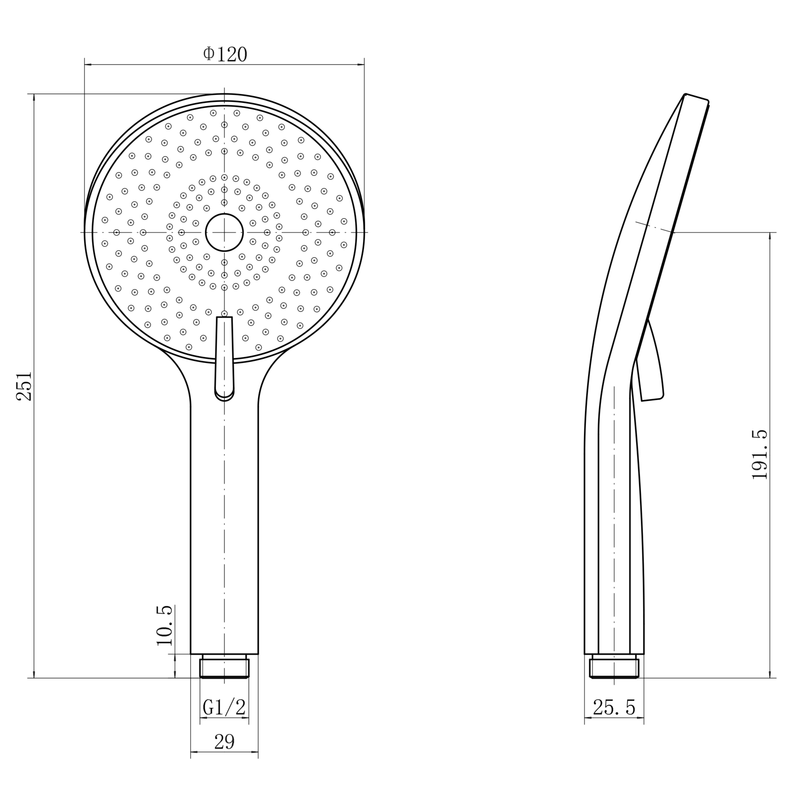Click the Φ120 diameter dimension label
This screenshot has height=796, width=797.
(225, 54)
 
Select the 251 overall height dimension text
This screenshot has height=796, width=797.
(24, 386)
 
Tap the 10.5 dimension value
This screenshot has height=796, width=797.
(164, 625)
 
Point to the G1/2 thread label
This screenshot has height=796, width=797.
(224, 708)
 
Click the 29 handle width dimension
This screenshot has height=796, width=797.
(224, 741)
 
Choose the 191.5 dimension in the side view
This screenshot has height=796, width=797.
(760, 455)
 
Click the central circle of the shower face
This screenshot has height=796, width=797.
(224, 232)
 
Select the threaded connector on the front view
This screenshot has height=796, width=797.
(224, 667)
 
